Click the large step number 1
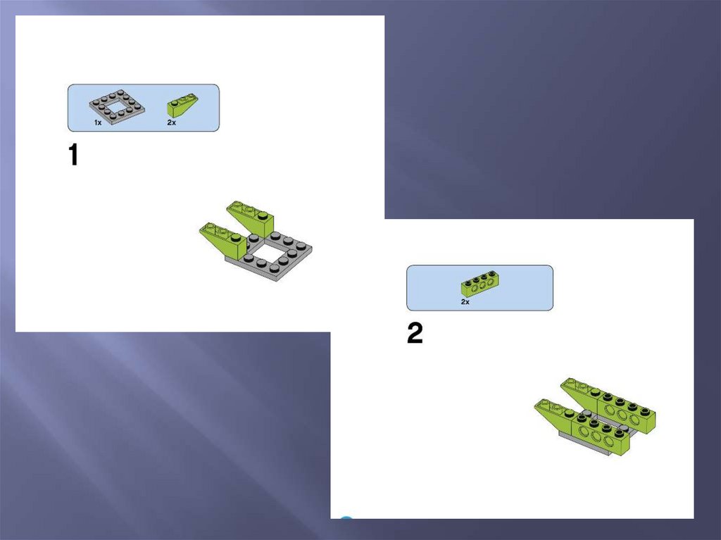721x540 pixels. [73, 155]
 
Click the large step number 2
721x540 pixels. [415, 333]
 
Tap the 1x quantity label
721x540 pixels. [98, 123]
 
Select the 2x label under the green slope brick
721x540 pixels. [172, 123]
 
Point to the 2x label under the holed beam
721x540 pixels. [465, 302]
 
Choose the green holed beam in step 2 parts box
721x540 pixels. [480, 284]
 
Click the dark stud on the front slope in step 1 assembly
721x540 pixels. [237, 237]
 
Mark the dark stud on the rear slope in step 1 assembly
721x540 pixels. [263, 215]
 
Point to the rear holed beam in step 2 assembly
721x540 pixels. [626, 410]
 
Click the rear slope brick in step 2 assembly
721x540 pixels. [579, 390]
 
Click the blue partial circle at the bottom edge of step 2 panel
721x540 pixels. [346, 518]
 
